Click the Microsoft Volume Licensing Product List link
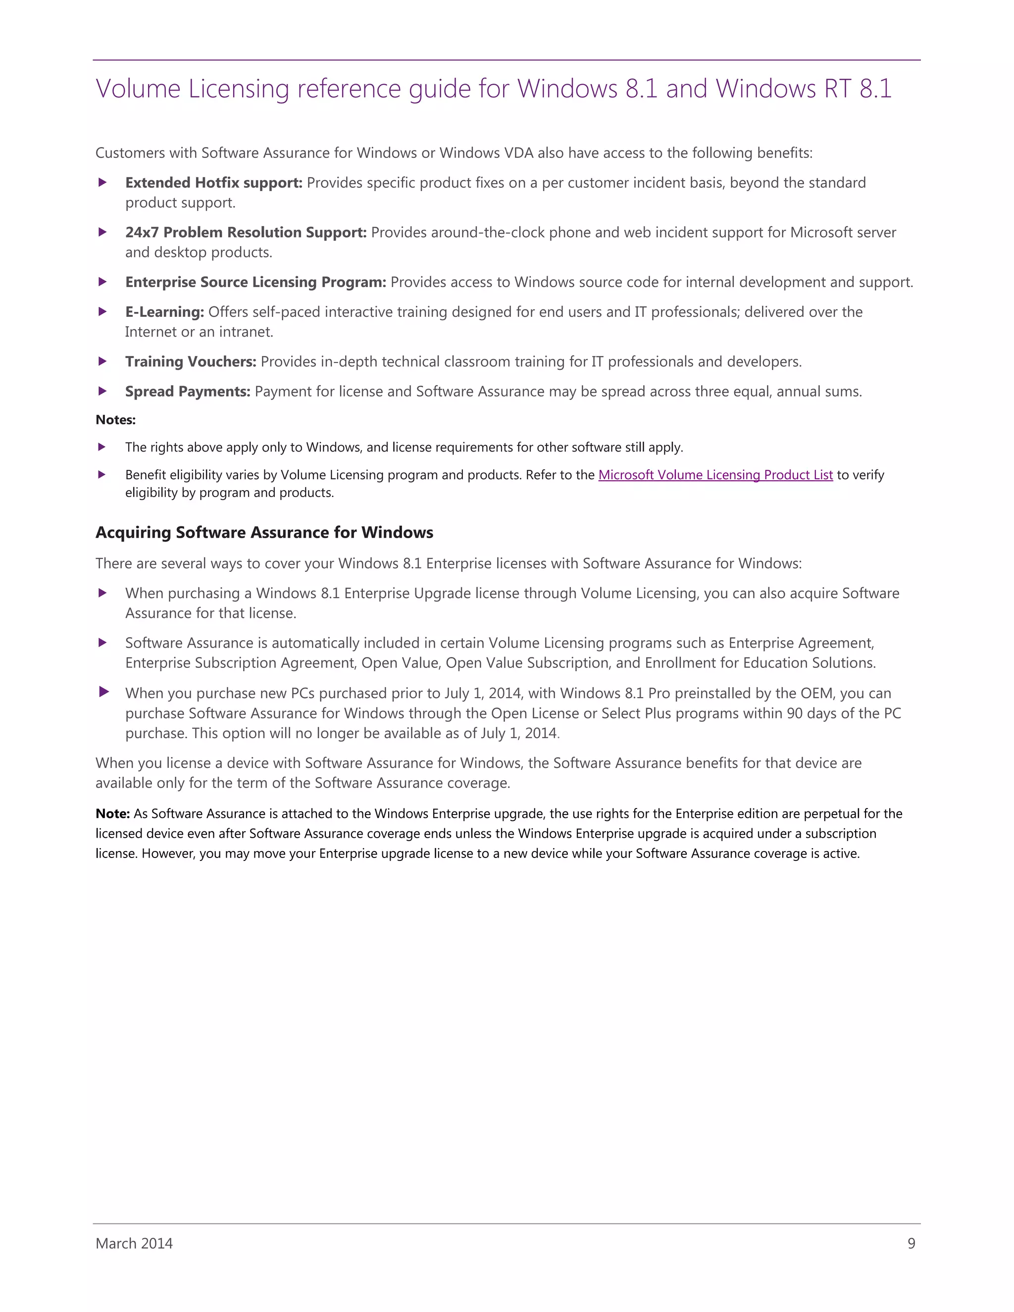715,475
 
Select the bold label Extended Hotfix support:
214,183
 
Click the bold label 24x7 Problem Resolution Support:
246,233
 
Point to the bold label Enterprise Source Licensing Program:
255,282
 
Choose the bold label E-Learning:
164,312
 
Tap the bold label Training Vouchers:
191,361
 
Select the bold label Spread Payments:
188,392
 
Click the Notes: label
115,420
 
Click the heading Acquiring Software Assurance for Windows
264,532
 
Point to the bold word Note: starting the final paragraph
112,813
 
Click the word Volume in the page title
138,89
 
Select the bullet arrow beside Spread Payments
102,391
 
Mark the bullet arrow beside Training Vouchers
102,361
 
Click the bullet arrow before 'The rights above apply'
102,447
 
